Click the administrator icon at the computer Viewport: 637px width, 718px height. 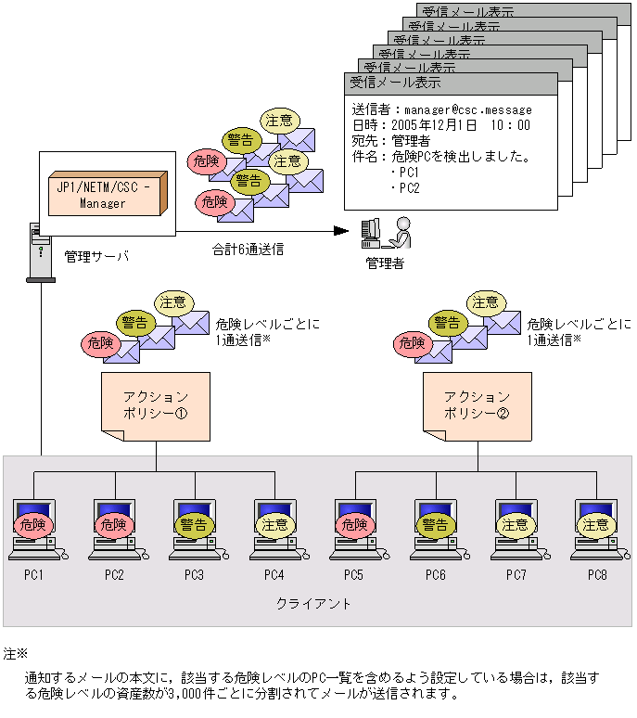tap(388, 233)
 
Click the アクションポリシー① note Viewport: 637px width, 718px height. tap(155, 405)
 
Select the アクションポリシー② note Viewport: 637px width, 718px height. tap(478, 405)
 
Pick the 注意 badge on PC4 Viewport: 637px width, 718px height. tap(274, 523)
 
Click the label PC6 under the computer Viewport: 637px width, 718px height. tap(436, 575)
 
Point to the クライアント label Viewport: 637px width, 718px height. tap(314, 604)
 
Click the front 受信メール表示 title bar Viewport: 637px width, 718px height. tap(451, 83)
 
